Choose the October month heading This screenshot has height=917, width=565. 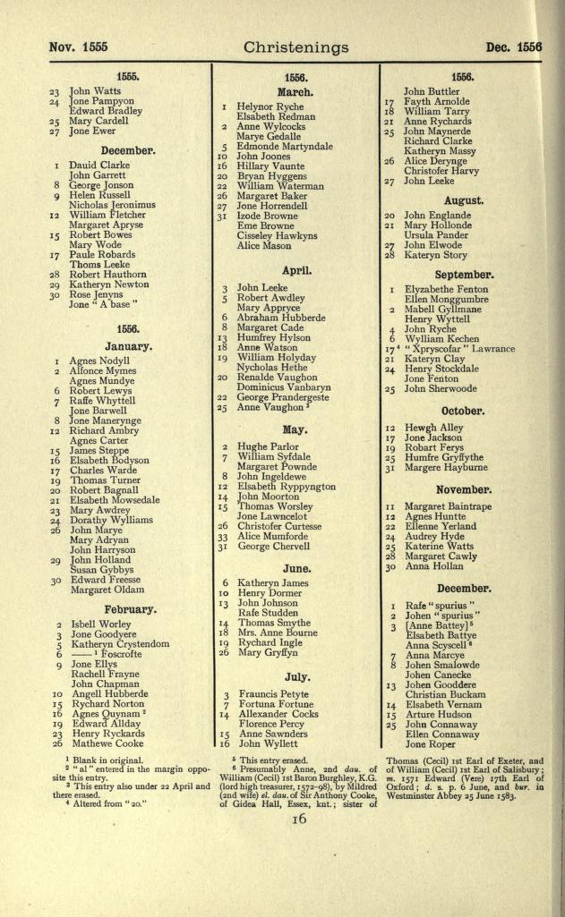pos(463,411)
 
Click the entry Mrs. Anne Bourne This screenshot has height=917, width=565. pos(278,634)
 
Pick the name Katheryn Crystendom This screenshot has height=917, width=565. pos(119,644)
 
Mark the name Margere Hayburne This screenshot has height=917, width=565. pos(447,467)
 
